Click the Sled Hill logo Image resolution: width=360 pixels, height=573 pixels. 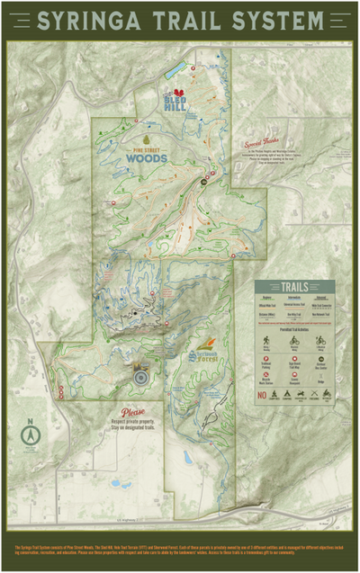177,98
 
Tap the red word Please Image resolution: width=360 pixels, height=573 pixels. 132,413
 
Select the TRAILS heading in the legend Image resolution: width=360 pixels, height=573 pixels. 294,287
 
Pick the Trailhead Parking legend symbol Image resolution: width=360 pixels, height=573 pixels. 267,359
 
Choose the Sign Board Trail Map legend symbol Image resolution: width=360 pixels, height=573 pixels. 294,359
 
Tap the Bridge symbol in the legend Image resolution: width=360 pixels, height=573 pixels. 321,376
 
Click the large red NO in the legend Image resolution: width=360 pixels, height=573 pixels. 263,395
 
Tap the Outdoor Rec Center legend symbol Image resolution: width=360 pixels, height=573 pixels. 321,359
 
